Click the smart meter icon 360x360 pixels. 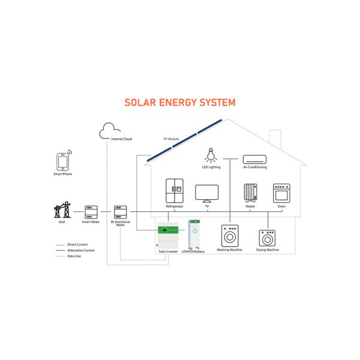point(91,212)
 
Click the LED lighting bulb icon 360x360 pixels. point(211,155)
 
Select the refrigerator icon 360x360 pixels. point(174,191)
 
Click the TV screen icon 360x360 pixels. point(206,193)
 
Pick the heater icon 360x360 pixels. point(250,193)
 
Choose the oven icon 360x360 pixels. point(281,193)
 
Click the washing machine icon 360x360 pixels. point(230,235)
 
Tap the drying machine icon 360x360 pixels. point(268,238)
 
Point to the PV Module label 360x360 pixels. point(172,139)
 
